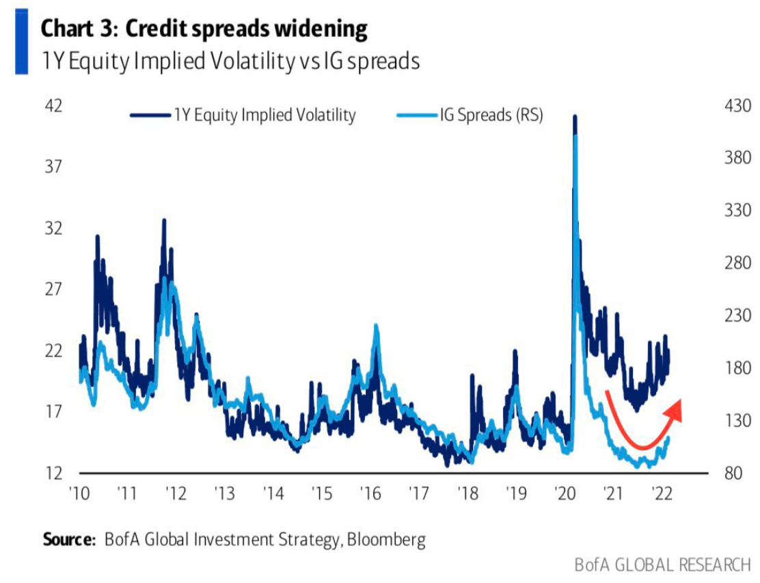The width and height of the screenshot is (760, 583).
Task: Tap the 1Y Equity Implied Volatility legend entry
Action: point(264,115)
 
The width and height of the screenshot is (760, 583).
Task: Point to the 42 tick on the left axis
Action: point(53,106)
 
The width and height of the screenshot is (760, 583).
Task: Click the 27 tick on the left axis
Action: point(53,289)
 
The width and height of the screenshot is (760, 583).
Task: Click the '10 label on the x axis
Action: point(81,493)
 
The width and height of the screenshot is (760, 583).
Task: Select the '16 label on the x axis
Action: point(371,493)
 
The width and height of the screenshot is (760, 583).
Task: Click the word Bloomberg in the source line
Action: point(386,539)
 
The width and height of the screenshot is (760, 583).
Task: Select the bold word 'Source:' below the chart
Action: point(70,539)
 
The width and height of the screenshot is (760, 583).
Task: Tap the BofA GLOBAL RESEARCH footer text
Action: point(662,565)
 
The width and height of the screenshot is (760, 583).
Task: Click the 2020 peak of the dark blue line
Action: point(575,118)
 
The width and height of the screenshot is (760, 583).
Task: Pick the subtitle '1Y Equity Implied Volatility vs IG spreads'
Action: point(230,61)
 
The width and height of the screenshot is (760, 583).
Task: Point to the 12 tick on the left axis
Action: point(53,474)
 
